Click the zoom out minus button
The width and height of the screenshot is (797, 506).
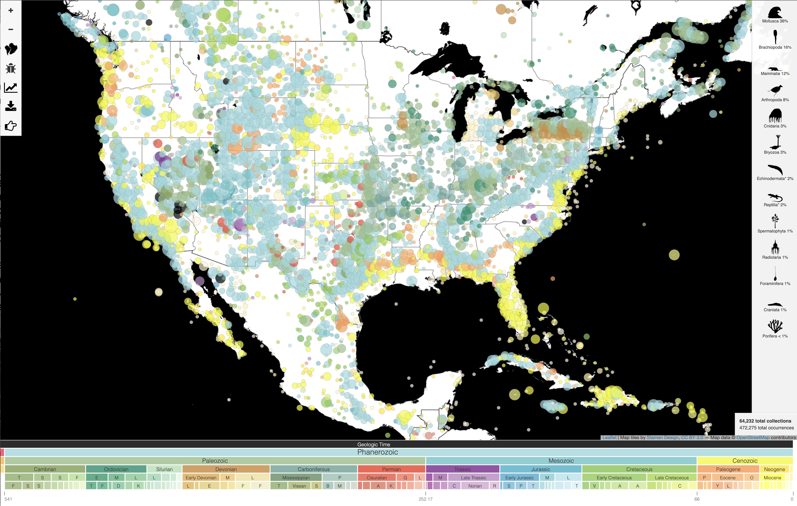pos(11,29)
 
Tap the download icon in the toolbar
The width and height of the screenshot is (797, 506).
pos(11,106)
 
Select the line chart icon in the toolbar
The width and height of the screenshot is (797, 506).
pos(11,88)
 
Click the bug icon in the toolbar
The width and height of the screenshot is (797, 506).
pos(11,69)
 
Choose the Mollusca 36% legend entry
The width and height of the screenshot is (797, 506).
pos(775,15)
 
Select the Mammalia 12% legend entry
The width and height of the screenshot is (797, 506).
pos(775,71)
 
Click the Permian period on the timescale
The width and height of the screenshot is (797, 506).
pos(391,469)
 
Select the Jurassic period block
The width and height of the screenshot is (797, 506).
pos(541,469)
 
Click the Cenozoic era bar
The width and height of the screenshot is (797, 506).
pos(745,461)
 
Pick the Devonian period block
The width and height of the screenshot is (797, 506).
pos(226,469)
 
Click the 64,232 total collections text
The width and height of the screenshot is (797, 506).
pos(765,421)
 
